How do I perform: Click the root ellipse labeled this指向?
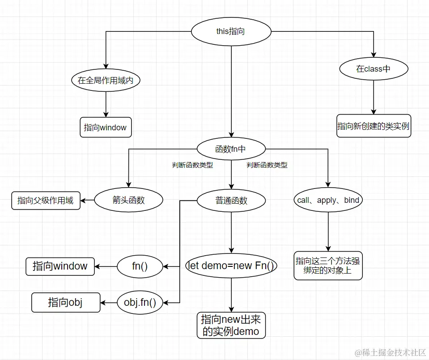(x=231, y=31)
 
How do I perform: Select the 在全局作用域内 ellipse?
(x=106, y=81)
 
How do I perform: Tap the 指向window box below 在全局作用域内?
(x=105, y=127)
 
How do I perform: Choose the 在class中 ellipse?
(x=374, y=69)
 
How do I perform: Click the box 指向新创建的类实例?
(x=374, y=126)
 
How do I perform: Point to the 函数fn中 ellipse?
(x=231, y=149)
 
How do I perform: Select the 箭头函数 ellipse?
(x=129, y=200)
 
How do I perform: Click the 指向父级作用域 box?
(x=45, y=200)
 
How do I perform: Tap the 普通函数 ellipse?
(x=231, y=200)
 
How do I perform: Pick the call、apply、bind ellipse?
(x=328, y=200)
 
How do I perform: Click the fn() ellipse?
(x=140, y=266)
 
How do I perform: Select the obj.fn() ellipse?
(x=140, y=303)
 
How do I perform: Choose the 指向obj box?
(x=65, y=303)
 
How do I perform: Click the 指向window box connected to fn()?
(x=60, y=266)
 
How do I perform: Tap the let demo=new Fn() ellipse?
(x=231, y=266)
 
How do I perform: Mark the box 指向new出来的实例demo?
(x=231, y=325)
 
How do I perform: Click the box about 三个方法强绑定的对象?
(x=328, y=266)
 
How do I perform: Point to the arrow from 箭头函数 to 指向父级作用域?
(x=88, y=200)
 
